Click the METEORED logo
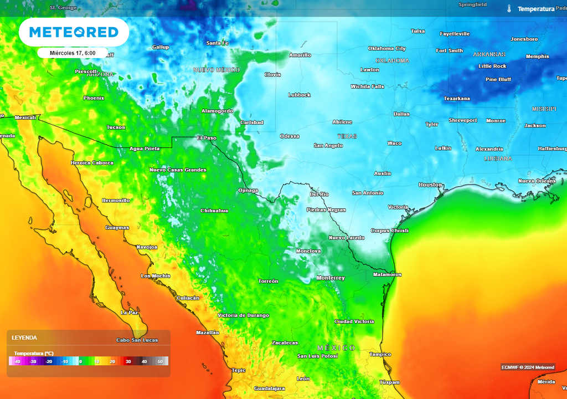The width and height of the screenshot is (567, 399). pos(74,32)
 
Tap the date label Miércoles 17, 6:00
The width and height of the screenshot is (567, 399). pos(73,53)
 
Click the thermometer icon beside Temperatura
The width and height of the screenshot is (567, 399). pos(509,9)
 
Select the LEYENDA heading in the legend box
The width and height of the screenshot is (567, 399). pos(24,337)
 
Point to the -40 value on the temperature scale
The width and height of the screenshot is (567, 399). pos(17,361)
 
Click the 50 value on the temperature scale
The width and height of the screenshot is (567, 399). pos(160,361)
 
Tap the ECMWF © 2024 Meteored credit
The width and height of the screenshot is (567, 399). pos(528,367)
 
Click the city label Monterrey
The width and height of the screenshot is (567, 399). pos(331,278)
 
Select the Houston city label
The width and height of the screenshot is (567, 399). pos(430,185)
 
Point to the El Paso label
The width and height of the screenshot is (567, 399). pos(207,137)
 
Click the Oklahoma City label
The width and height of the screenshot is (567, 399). pos(387,49)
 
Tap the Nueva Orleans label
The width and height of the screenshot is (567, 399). pos(537,181)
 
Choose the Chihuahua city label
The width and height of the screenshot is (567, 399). pos(214,211)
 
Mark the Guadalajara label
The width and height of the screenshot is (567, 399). pos(269,388)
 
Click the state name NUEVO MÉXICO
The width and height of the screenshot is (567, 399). pos(216,70)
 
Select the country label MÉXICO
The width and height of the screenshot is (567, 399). pos(336,347)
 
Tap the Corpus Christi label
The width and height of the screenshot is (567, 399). pos(389,231)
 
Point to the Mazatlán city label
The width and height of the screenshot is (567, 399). pos(208,332)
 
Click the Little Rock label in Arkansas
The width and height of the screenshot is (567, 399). pos(492,66)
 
